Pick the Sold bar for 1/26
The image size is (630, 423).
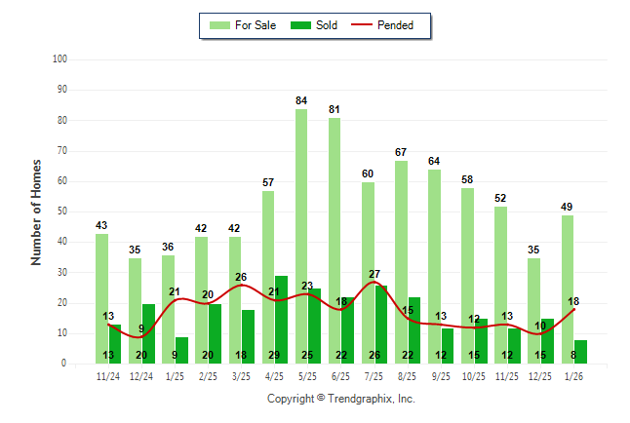coord(581,352)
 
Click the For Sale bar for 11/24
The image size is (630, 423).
coord(101,298)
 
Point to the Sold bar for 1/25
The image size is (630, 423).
coord(181,350)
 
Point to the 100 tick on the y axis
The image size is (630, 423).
coord(59,59)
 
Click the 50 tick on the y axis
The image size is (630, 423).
coord(61,211)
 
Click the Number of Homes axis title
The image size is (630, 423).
coord(36,211)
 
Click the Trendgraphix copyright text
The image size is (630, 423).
coord(341,399)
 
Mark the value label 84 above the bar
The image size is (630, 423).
coord(301,100)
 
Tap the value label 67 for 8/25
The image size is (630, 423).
coord(401,152)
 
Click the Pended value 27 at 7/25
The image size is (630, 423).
coord(374,274)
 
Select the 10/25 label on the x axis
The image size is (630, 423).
coord(475,375)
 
